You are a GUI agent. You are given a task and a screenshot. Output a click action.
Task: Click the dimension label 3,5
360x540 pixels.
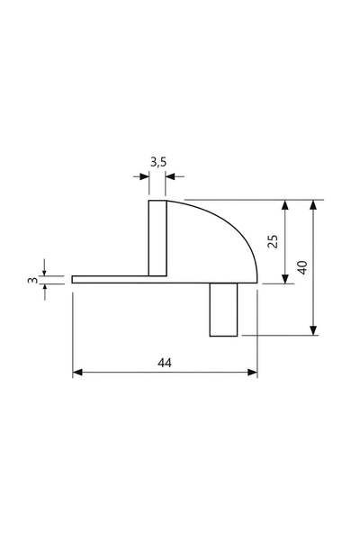tap(158, 161)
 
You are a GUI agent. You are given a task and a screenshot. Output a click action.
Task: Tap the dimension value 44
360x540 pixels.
tap(165, 363)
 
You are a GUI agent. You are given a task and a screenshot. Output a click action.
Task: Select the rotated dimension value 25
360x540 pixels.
tap(273, 241)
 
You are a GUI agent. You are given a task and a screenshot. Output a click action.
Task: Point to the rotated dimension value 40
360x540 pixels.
tap(302, 267)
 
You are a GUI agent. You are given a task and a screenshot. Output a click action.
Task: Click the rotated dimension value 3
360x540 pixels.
tap(32, 280)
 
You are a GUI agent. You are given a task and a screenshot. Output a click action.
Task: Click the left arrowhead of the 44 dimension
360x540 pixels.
tap(77, 373)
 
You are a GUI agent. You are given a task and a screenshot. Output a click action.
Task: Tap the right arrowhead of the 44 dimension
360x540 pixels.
tap(253, 373)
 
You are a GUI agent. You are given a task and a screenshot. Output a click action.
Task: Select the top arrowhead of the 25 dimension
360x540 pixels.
tap(284, 204)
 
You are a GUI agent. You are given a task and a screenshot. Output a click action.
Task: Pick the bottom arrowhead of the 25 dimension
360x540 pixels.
tap(284, 279)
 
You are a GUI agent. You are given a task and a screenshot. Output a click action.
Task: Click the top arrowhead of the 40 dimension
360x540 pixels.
tap(313, 204)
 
